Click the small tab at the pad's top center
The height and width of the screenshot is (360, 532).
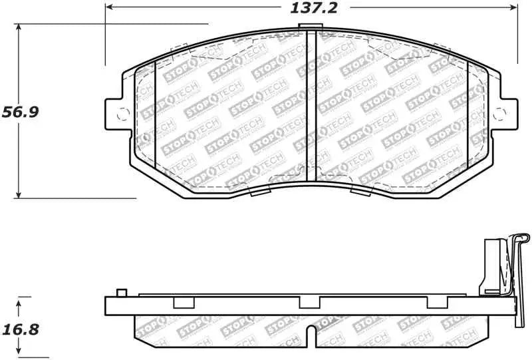click(307, 27)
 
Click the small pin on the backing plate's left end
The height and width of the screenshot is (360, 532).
click(120, 292)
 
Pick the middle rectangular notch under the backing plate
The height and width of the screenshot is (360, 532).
click(309, 303)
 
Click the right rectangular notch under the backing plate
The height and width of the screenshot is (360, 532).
click(435, 303)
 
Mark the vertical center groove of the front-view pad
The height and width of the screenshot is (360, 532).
click(313, 106)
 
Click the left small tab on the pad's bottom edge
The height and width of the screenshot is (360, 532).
click(259, 192)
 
